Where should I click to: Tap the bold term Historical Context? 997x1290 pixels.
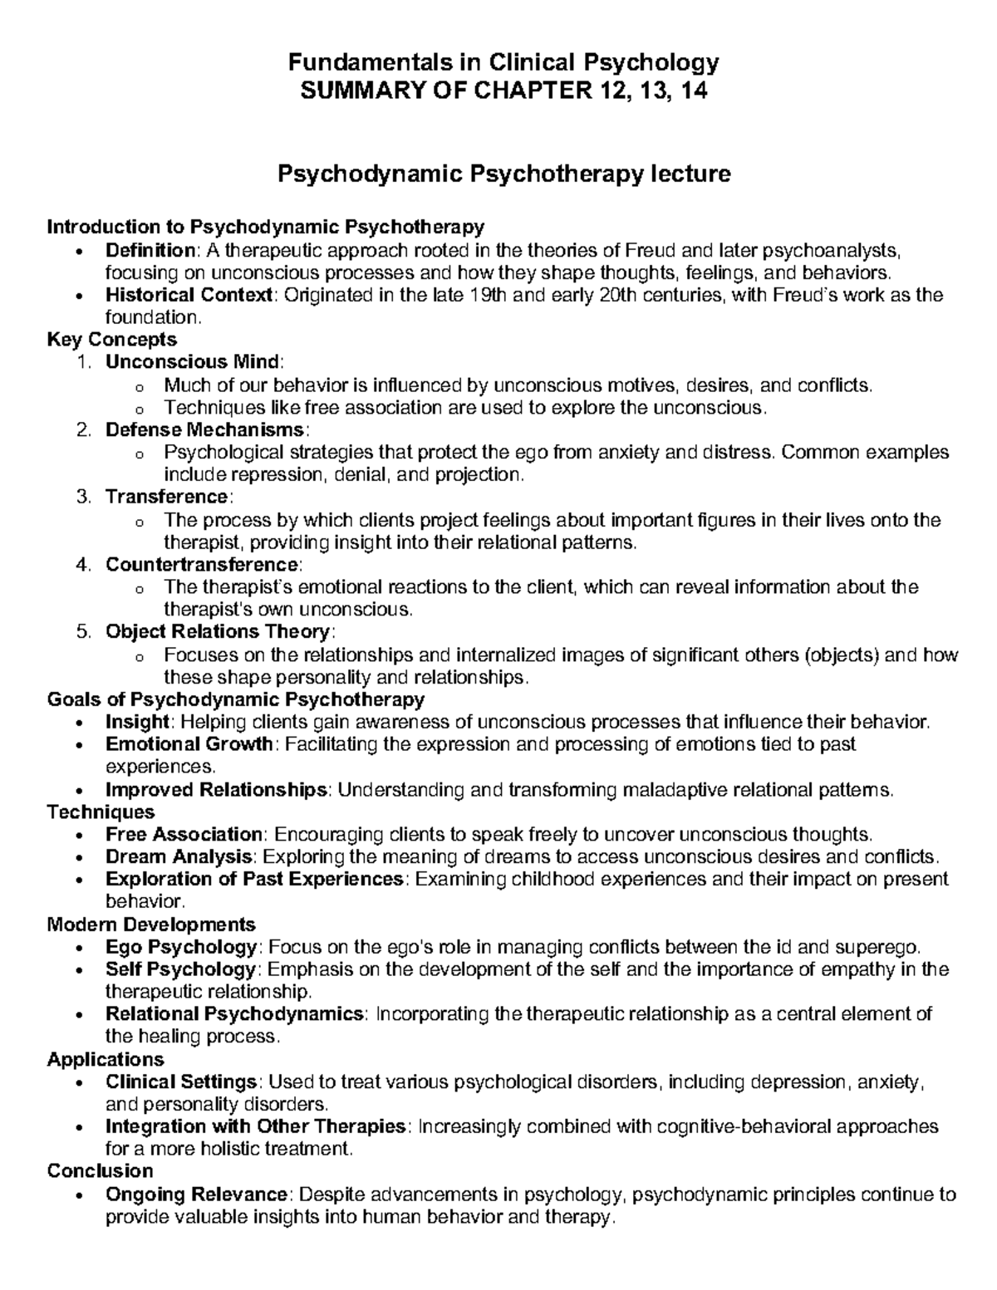pyautogui.click(x=189, y=295)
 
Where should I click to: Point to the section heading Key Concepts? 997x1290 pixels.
pyautogui.click(x=112, y=339)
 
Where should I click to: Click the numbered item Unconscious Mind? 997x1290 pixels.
pyautogui.click(x=193, y=361)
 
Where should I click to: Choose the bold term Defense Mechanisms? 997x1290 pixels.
pyautogui.click(x=205, y=429)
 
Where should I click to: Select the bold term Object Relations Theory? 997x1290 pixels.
pyautogui.click(x=217, y=631)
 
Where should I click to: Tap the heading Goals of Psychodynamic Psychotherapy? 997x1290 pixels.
pyautogui.click(x=236, y=699)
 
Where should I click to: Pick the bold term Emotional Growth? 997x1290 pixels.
pyautogui.click(x=189, y=743)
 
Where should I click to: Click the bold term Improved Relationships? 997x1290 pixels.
pyautogui.click(x=216, y=789)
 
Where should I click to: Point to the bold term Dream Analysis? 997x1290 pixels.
pyautogui.click(x=178, y=856)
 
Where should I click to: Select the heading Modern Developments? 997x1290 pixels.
pyautogui.click(x=151, y=924)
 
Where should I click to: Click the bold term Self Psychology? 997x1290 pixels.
pyautogui.click(x=180, y=969)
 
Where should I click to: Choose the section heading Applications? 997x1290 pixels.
pyautogui.click(x=106, y=1059)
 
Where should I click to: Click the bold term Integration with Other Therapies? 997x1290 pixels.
pyautogui.click(x=255, y=1126)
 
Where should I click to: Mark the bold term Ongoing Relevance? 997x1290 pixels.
pyautogui.click(x=196, y=1194)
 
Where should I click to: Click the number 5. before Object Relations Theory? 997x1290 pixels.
pyautogui.click(x=81, y=631)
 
